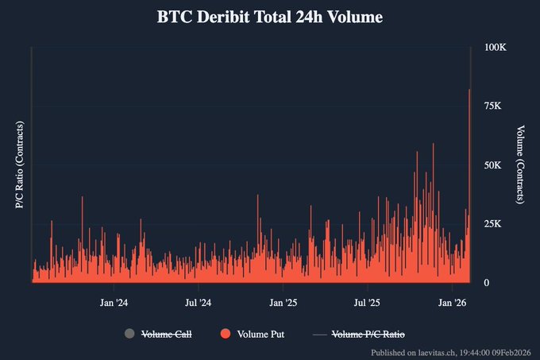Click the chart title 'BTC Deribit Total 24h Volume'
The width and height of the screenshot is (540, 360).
coord(269,17)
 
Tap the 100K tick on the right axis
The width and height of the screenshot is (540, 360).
coord(496,48)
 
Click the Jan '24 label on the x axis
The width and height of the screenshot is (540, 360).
coord(114,302)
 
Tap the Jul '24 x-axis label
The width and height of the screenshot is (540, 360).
coord(198,302)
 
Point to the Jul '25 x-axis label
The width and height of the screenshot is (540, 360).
coord(367,302)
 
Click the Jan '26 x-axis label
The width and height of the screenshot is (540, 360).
coord(453,302)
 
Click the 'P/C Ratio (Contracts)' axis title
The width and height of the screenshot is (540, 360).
coord(19,165)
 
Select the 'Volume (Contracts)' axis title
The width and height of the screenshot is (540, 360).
coord(521,165)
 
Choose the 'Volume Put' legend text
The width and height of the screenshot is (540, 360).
coord(260,335)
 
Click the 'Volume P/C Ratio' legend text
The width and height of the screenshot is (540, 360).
coord(372,335)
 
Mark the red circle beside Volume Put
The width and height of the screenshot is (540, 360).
coord(226,335)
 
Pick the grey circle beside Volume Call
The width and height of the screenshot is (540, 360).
coord(130,335)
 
